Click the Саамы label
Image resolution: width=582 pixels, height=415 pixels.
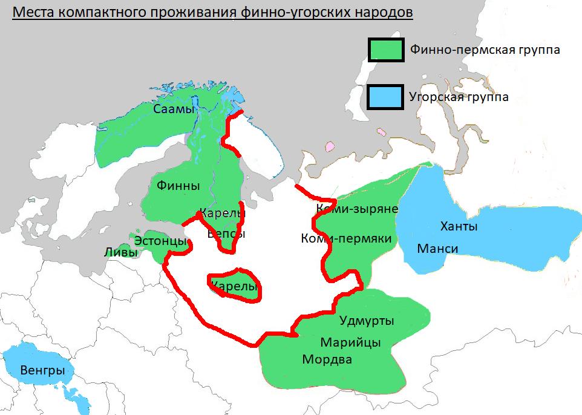pos(174,109)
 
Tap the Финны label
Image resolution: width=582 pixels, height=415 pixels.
pos(178,186)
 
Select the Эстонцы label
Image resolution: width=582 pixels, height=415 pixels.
pos(160,241)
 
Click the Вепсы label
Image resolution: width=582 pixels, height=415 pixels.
pos(226,234)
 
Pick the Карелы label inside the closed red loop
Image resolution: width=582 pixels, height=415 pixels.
pos(234,287)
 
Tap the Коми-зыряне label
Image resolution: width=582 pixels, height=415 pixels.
pos(357,209)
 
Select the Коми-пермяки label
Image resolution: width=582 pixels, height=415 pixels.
pos(346,239)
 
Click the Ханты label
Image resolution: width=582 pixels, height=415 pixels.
pos(459,227)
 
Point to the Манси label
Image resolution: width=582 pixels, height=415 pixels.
pos(437,249)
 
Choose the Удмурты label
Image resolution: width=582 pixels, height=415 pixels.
pos(367,321)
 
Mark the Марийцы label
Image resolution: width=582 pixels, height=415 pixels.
pos(351,342)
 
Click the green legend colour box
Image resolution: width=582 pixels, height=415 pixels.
pos(385,50)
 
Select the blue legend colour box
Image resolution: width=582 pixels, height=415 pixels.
pos(385,97)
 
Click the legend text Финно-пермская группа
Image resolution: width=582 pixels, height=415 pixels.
pos(485,50)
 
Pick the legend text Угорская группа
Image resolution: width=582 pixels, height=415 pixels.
pos(459,97)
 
